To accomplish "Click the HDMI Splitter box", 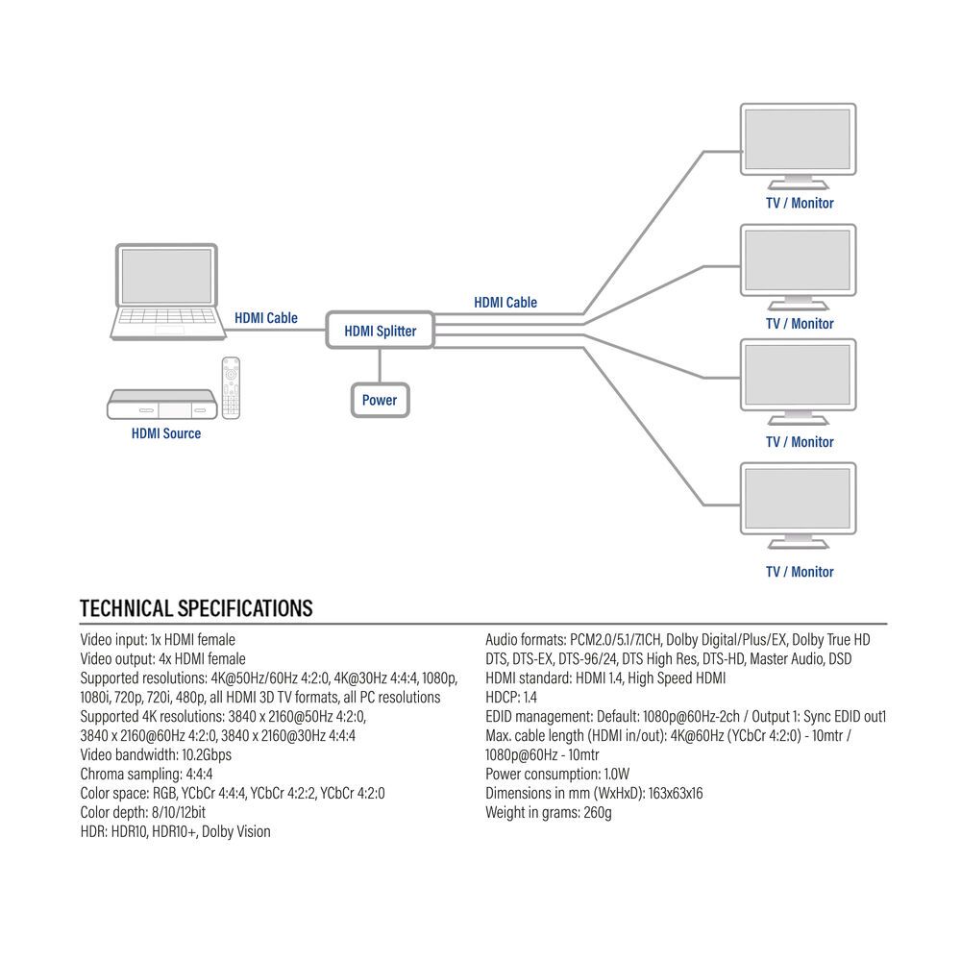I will click(x=381, y=331).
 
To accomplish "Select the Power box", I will click(x=380, y=400).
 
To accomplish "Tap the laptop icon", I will click(x=168, y=292).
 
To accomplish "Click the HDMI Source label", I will click(x=166, y=433).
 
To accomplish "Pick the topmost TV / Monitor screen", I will click(x=798, y=140).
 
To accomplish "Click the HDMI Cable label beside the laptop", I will click(x=266, y=318).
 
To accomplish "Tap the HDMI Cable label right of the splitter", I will click(x=505, y=302).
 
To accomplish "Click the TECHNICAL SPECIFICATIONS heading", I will click(x=196, y=608).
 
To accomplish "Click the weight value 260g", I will click(x=596, y=812).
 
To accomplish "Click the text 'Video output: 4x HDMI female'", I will click(x=162, y=658).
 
